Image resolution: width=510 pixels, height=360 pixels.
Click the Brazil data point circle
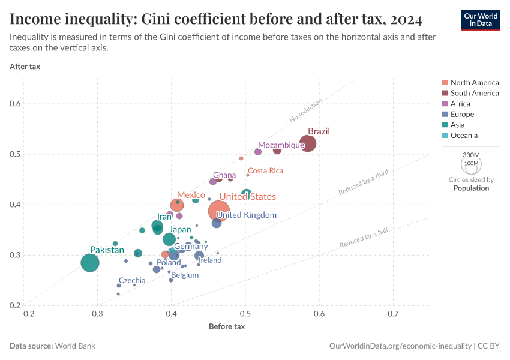pos(308,144)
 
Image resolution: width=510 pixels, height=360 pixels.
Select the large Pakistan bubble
pos(90,263)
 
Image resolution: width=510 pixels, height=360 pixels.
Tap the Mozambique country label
pos(281,145)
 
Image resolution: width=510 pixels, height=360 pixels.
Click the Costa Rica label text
pos(265,171)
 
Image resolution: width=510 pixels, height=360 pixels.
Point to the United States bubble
pos(219,211)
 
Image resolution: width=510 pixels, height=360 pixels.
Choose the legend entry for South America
pos(474,93)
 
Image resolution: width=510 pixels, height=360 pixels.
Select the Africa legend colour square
pos(444,104)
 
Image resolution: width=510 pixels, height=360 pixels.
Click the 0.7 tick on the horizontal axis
pos(393,314)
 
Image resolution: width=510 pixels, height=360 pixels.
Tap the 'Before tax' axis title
pos(227,327)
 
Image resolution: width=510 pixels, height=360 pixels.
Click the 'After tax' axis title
pos(25,66)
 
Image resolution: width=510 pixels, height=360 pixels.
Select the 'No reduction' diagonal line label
pos(306,110)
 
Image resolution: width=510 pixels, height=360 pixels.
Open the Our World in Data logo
pos(480,20)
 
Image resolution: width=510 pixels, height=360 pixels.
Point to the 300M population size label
pos(471,155)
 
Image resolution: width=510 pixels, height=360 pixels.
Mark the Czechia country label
pos(132,280)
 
